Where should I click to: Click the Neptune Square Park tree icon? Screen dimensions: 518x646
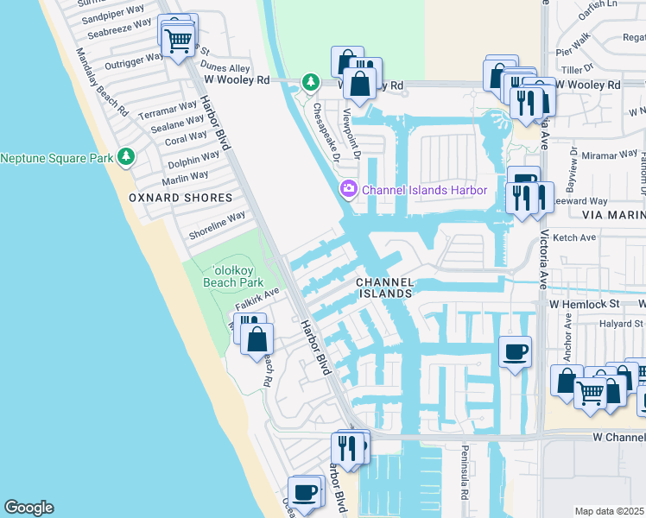pyautogui.click(x=127, y=156)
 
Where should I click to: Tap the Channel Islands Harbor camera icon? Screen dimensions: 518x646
pyautogui.click(x=348, y=188)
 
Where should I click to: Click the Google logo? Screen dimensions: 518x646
pyautogui.click(x=28, y=508)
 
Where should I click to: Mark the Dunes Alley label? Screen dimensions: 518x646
pyautogui.click(x=225, y=66)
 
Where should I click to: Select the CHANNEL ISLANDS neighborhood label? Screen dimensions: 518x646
pyautogui.click(x=385, y=288)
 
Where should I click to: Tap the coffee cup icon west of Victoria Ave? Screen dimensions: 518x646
pyautogui.click(x=516, y=351)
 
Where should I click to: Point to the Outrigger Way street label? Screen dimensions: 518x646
pyautogui.click(x=134, y=59)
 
